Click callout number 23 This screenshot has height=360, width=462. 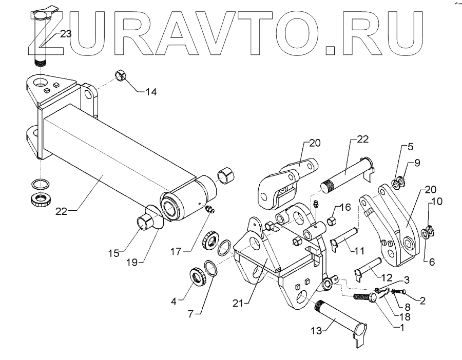pyautogui.click(x=65, y=34)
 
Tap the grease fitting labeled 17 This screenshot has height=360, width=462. pyautogui.click(x=210, y=210)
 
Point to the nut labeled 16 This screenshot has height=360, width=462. pyautogui.click(x=331, y=221)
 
